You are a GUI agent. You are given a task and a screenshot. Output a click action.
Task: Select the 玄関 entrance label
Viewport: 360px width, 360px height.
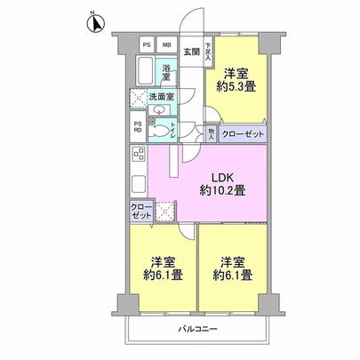(x=191, y=52)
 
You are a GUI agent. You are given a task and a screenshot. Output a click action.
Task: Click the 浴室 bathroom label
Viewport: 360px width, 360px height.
(x=166, y=74)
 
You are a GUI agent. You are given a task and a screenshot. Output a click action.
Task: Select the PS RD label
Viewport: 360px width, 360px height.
(x=138, y=127)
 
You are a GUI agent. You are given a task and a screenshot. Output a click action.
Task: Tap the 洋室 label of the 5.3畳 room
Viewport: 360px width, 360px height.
(x=236, y=73)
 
